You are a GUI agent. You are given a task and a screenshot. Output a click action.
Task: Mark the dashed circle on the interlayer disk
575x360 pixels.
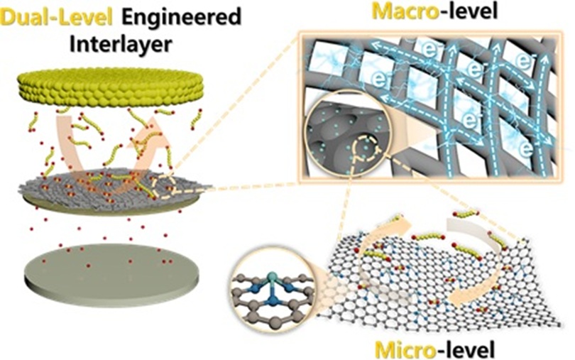[173, 186]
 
